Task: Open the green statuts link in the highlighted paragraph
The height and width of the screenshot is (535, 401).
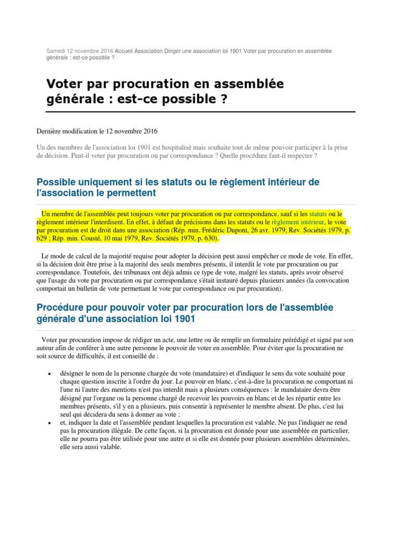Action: click(318, 214)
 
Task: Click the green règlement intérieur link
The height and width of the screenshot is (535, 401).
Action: click(296, 222)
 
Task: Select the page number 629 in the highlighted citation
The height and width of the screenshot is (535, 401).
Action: click(43, 239)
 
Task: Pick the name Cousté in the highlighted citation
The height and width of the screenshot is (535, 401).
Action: click(102, 239)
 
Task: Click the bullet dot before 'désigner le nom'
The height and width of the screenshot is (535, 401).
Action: click(49, 374)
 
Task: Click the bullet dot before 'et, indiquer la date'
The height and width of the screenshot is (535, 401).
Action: click(49, 422)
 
